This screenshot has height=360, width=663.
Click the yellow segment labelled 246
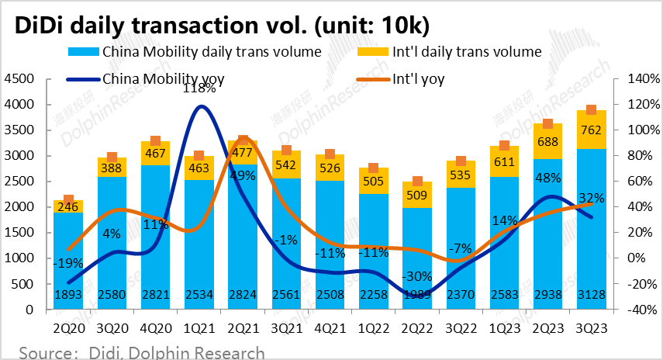pyautogui.click(x=68, y=206)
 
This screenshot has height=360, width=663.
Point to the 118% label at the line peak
pyautogui.click(x=199, y=88)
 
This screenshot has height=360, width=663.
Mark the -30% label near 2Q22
pyautogui.click(x=419, y=277)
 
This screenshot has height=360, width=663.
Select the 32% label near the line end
pyautogui.click(x=591, y=198)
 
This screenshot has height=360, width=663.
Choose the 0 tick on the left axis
pyautogui.click(x=29, y=309)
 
